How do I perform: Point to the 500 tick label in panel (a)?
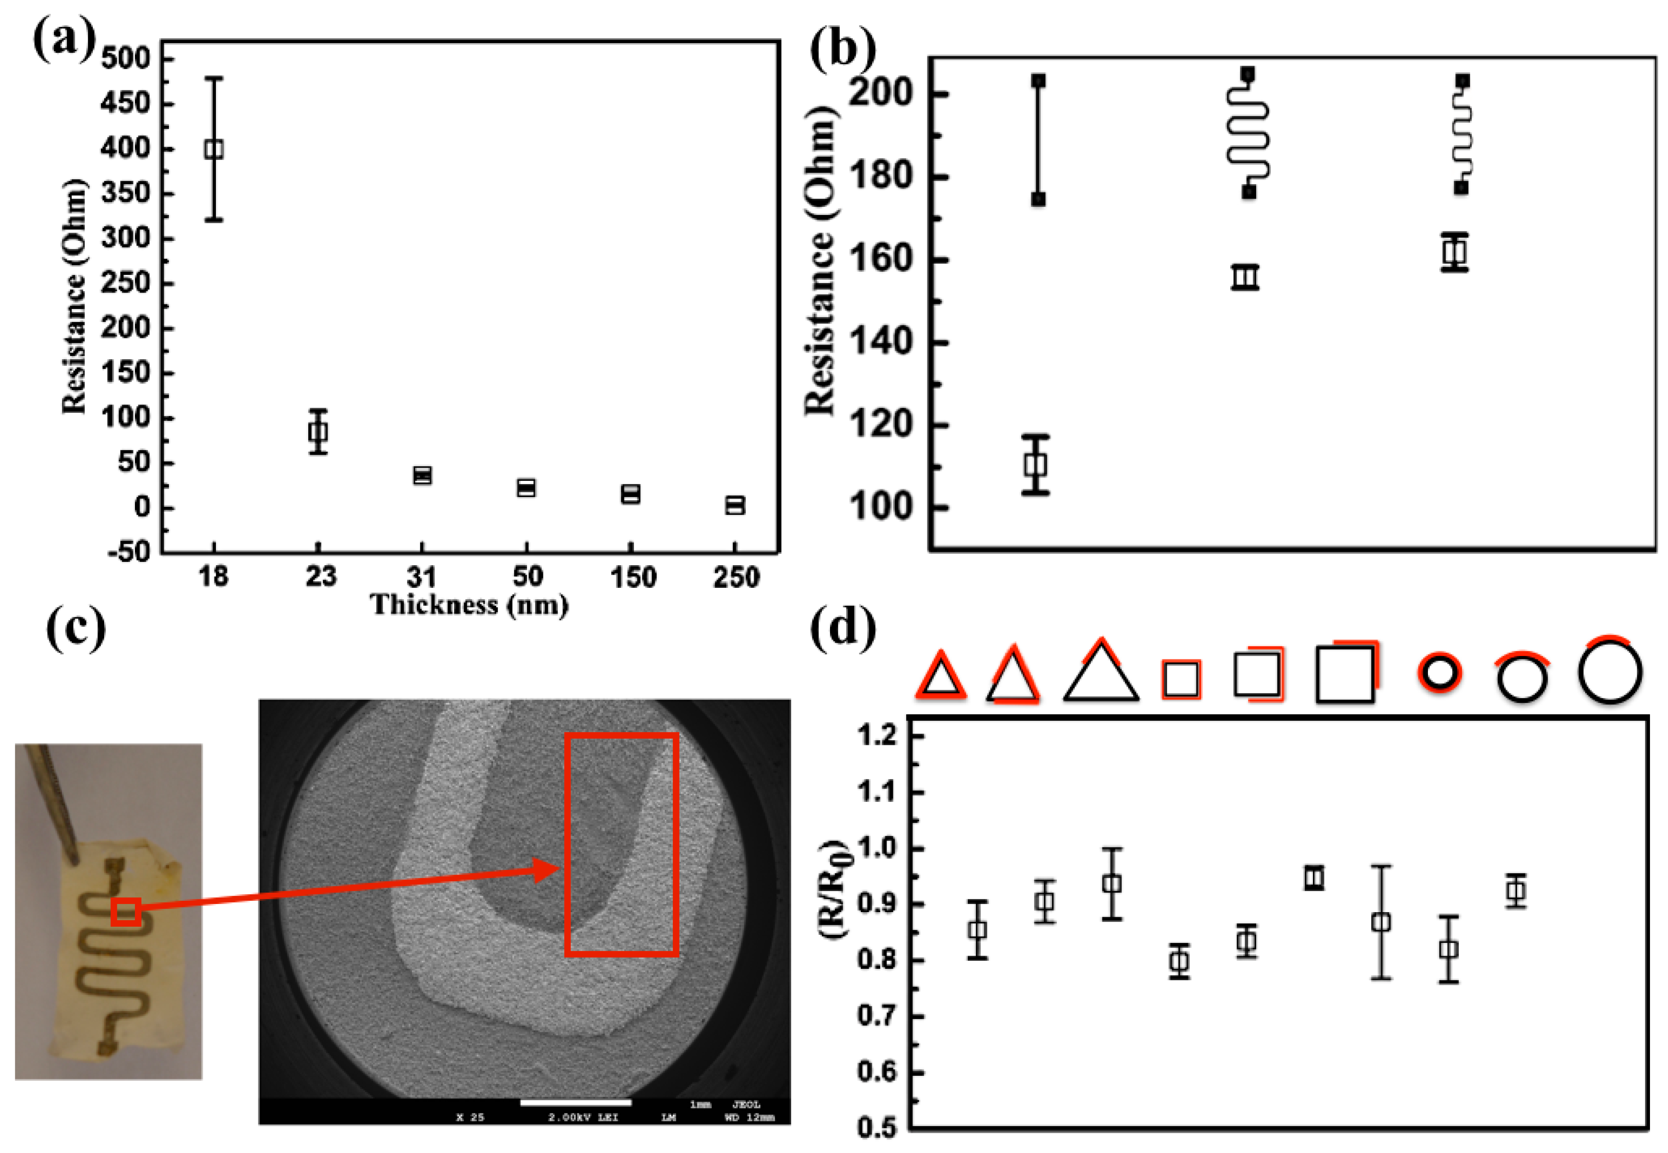click(125, 58)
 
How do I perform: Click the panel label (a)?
click(63, 42)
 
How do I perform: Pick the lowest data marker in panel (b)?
click(1035, 464)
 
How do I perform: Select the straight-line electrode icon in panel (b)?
click(1038, 140)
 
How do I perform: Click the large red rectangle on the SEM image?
click(621, 844)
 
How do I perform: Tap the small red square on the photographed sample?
click(126, 911)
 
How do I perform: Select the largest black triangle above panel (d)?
click(1100, 674)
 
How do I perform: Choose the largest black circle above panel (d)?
click(1609, 672)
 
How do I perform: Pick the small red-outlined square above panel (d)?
click(1181, 679)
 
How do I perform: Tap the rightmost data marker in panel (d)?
click(1516, 891)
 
